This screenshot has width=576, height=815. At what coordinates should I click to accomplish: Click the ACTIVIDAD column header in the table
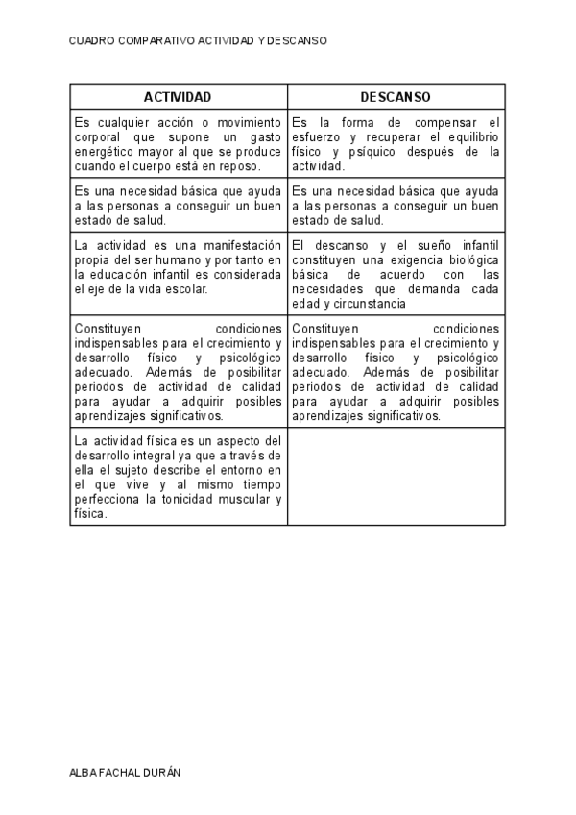[178, 97]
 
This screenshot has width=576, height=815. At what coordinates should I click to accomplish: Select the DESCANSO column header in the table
[396, 97]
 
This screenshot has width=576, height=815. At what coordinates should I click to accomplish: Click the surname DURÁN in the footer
[161, 772]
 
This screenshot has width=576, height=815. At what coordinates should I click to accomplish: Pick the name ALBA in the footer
[84, 772]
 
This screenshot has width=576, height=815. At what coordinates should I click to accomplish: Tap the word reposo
[241, 166]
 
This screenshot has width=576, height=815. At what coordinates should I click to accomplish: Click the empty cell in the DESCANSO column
[396, 477]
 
